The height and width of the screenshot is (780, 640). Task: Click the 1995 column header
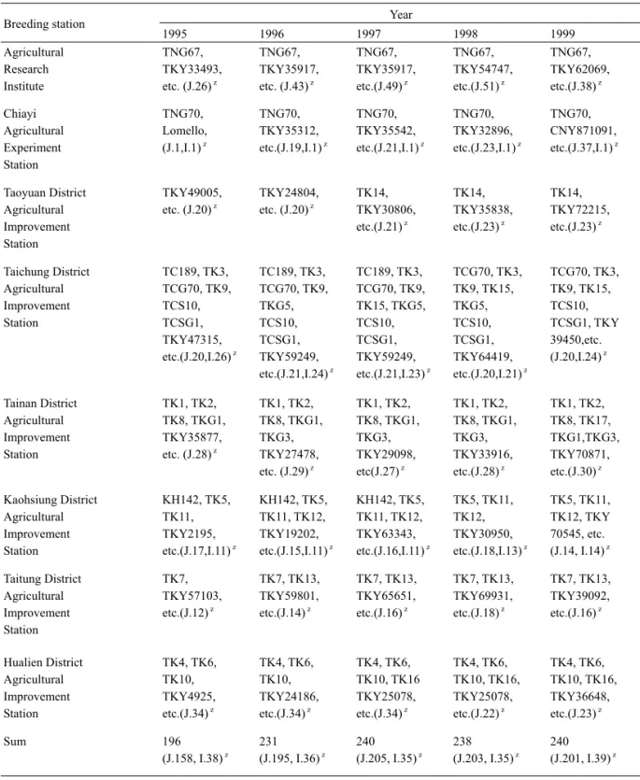coord(174,34)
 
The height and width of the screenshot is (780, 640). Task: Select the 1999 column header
coord(562,34)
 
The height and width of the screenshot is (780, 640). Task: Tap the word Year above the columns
coord(401,15)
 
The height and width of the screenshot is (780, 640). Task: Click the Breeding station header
coord(44,24)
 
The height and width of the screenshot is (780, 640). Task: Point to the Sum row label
coord(14,741)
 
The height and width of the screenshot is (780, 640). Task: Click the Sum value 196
coord(172,741)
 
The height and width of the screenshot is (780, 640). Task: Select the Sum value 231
coord(268,741)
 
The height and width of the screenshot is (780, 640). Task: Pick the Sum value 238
coord(462,741)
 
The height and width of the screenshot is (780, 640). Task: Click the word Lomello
coord(183,131)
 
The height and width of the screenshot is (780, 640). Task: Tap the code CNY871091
coord(582,131)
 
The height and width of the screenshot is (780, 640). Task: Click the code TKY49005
coord(191,192)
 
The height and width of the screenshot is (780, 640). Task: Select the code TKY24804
coord(287,192)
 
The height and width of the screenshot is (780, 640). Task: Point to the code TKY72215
coord(578,209)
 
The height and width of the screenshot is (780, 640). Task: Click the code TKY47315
coord(191,340)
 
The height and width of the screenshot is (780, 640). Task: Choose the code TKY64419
coord(481,357)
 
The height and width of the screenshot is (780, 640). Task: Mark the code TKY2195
coord(187,533)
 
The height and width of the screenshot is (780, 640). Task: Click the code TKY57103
coord(191,595)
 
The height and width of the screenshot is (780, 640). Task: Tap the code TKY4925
coord(187,697)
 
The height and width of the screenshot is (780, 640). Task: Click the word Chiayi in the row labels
coord(20,114)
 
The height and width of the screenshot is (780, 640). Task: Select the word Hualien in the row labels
coord(21,662)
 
